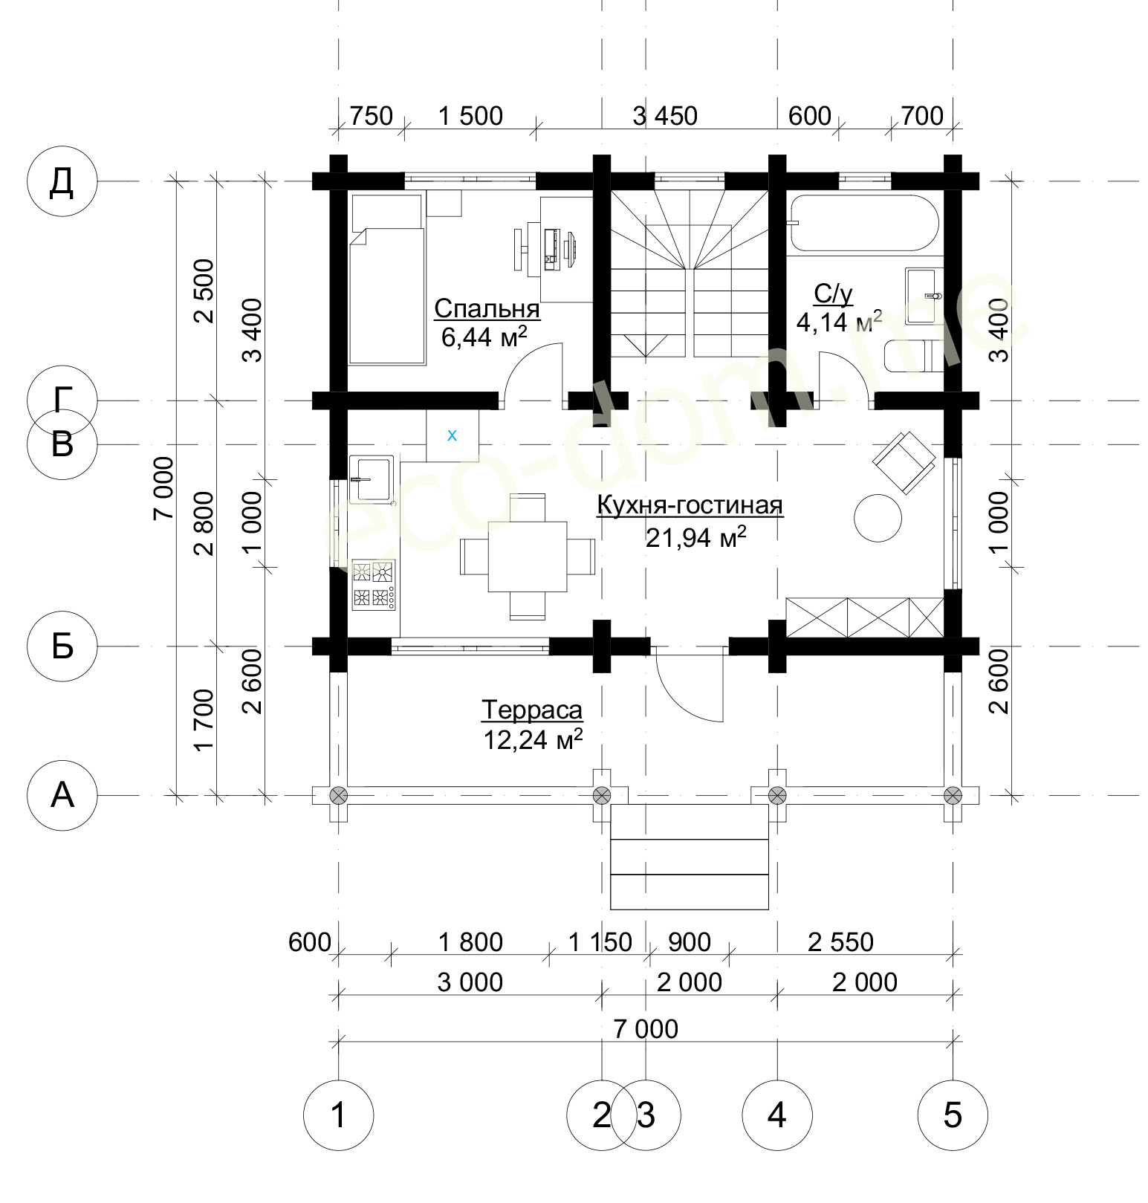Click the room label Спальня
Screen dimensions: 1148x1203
[x=487, y=308]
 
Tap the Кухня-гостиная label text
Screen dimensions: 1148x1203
[x=690, y=505]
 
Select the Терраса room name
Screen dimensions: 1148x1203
[x=532, y=710]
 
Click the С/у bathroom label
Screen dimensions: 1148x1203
[x=833, y=294]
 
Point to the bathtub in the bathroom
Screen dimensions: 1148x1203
[x=863, y=223]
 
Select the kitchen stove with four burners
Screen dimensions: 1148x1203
[x=373, y=584]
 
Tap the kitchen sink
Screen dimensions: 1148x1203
[x=371, y=479]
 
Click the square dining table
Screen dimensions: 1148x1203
[x=528, y=557]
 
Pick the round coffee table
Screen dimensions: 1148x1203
[x=878, y=518]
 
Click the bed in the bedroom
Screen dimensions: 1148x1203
[x=387, y=279]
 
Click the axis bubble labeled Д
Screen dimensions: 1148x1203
[x=62, y=181]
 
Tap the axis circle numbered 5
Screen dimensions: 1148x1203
[x=953, y=1115]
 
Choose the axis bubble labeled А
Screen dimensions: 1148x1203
[x=62, y=795]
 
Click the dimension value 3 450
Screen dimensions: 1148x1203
[x=665, y=116]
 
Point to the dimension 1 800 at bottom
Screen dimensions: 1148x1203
[x=470, y=942]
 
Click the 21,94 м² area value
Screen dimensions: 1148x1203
[x=695, y=536]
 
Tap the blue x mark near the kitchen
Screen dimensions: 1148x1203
[x=452, y=435]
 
